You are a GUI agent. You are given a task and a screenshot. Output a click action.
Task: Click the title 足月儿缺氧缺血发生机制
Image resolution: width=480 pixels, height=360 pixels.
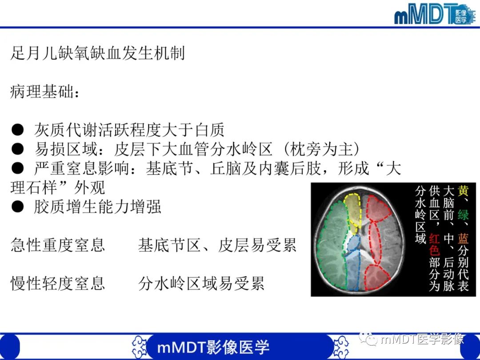(97, 54)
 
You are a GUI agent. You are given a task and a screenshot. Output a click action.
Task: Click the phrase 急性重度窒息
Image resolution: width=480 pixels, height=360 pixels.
(57, 245)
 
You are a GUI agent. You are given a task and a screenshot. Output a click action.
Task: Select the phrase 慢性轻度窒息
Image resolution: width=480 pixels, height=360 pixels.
(57, 283)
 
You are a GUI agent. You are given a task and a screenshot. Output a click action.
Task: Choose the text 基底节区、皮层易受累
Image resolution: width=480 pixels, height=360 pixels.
(217, 245)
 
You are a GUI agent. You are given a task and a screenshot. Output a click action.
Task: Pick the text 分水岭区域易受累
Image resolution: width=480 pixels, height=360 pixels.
(201, 283)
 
